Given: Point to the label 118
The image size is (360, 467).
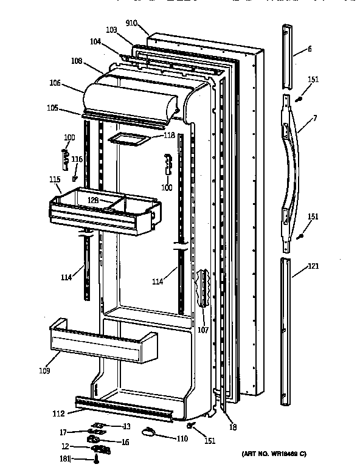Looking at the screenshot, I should (169, 136).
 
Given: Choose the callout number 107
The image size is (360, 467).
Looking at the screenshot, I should (202, 331).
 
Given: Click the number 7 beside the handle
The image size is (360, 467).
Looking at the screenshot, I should (314, 117).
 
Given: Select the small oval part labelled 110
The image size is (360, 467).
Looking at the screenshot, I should (149, 432).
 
